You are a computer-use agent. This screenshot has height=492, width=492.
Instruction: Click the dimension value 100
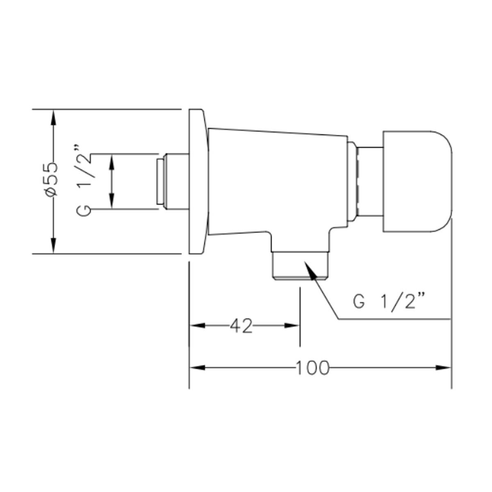[312, 368]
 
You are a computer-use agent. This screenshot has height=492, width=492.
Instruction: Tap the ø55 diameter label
[52, 180]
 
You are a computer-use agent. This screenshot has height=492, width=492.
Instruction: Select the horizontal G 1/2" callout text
[389, 301]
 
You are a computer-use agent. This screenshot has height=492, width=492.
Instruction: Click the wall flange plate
[198, 182]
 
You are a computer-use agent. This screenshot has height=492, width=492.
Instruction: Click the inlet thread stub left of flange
[173, 182]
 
